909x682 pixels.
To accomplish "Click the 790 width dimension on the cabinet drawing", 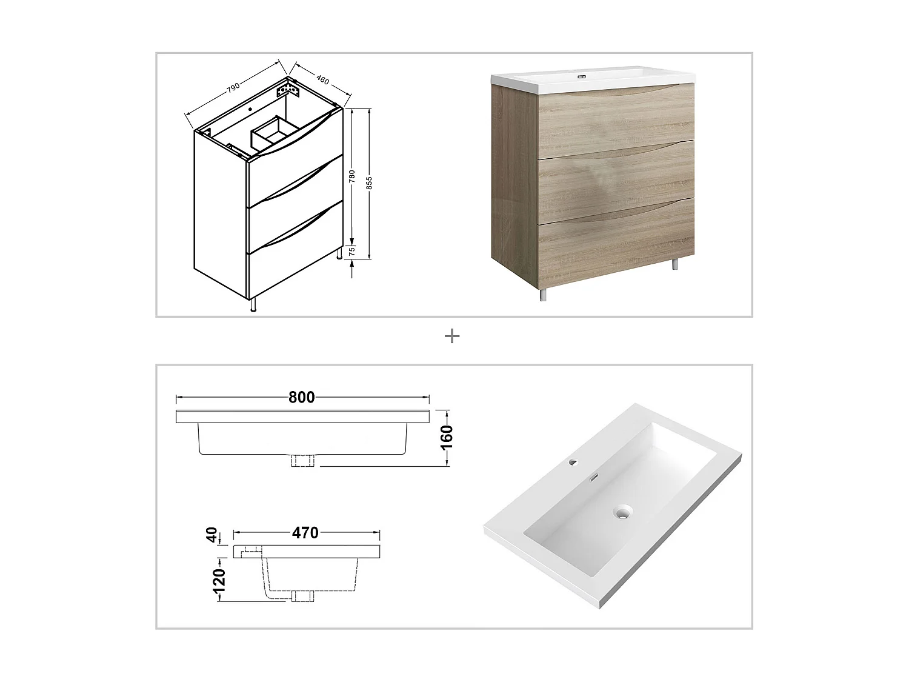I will click(232, 87).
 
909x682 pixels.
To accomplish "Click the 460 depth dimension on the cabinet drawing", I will click(322, 79).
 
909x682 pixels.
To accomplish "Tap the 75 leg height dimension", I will click(351, 252).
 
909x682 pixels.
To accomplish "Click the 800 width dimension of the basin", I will click(301, 397).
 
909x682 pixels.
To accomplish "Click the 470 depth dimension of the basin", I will click(305, 533).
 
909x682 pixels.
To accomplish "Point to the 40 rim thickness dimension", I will click(212, 535).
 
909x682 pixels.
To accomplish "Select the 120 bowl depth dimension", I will click(219, 580).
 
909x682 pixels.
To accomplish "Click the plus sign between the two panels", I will click(452, 336).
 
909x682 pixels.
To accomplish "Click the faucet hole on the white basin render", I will click(573, 464).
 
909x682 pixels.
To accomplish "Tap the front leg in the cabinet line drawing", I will click(253, 305).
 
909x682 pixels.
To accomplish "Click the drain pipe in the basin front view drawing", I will click(304, 461).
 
